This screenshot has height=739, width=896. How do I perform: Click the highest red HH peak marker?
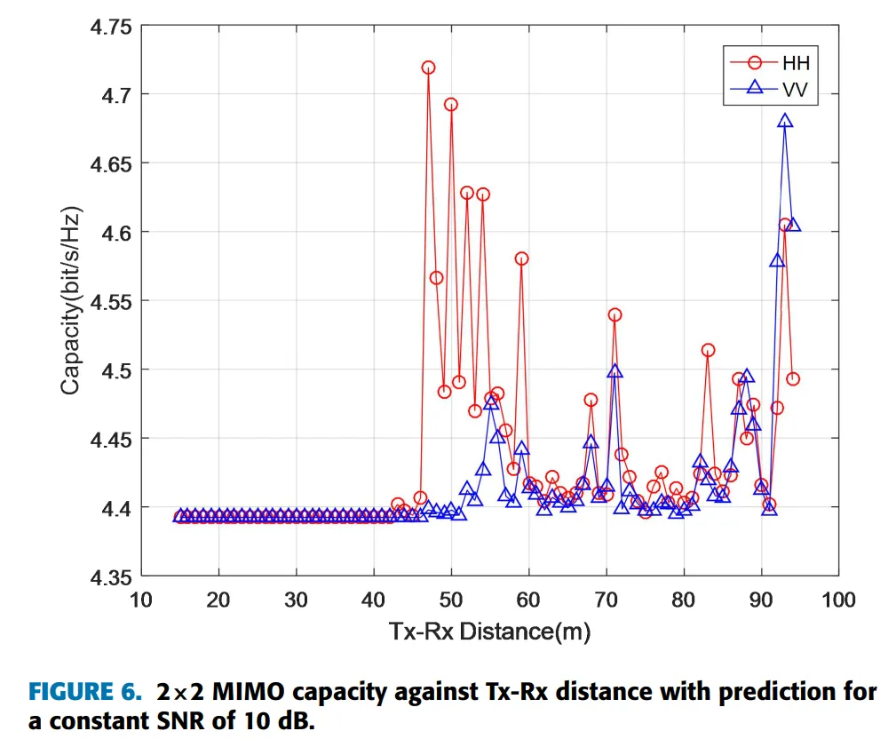pos(428,68)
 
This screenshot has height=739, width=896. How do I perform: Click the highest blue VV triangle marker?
pos(785,121)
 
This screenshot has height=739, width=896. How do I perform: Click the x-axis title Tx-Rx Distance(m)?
pos(489,632)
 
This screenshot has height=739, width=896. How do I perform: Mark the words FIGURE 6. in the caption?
pos(84,692)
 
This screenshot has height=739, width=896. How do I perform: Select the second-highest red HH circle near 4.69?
pos(451,104)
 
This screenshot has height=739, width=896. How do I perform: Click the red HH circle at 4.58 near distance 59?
pos(521,258)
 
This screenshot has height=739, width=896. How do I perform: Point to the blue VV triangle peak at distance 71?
pos(615,371)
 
